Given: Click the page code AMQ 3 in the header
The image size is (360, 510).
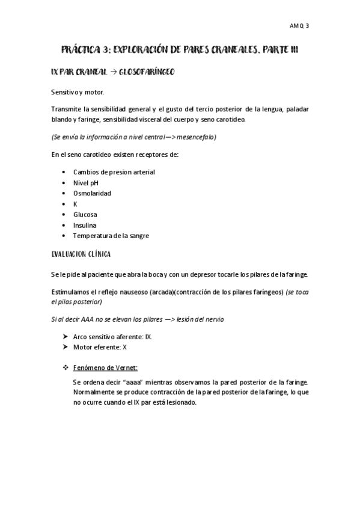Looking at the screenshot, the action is click(299, 26).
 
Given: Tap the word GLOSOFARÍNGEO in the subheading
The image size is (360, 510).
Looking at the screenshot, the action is click(147, 72).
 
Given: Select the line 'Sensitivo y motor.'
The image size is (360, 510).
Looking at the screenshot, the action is click(78, 93).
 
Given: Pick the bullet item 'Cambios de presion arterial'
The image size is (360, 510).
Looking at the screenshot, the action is click(114, 172).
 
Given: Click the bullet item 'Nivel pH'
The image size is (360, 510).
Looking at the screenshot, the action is click(85, 183).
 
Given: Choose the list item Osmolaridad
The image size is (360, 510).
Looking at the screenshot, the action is click(91, 193).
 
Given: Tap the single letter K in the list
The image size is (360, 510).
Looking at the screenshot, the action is click(75, 204).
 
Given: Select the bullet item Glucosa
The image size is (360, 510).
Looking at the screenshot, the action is click(85, 215).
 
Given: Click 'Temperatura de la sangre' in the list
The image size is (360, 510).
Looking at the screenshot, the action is click(111, 236).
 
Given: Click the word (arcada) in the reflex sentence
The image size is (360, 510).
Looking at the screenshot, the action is click(159, 292).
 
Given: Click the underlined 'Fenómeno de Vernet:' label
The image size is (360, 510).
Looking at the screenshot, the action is click(105, 367).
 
